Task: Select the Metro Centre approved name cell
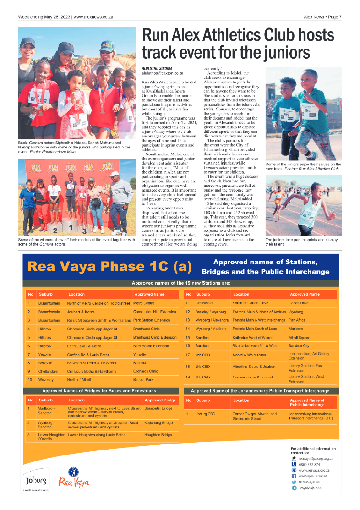tap(143, 303)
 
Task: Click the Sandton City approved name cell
tap(299, 345)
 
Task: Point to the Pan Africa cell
tap(297, 320)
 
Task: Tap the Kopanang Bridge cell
tap(158, 423)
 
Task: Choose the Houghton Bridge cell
tap(158, 434)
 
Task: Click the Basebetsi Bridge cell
tap(158, 408)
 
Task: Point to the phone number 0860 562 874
tap(309, 464)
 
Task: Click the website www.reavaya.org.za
tap(314, 470)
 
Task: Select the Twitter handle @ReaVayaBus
tap(309, 482)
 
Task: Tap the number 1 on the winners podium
tap(70, 226)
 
